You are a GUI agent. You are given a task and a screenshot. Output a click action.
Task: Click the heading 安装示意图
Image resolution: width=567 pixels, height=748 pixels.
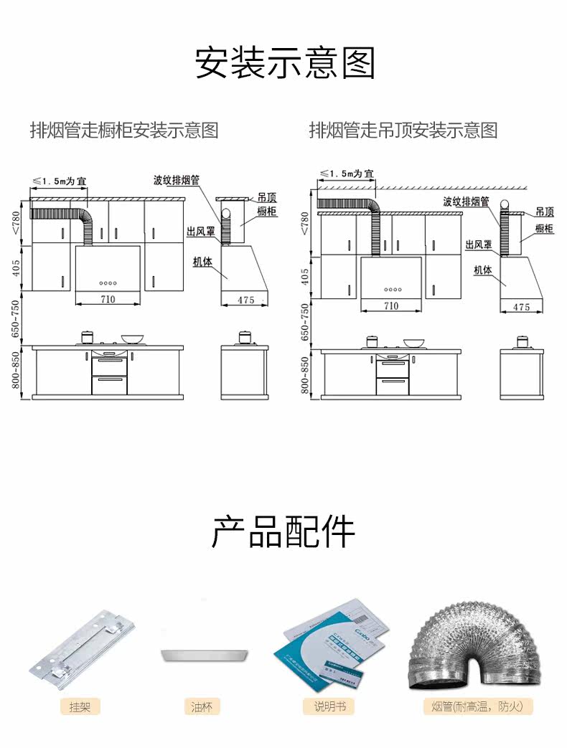(x=285, y=63)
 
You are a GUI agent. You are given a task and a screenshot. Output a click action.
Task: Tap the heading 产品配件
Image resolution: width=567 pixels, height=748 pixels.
(x=283, y=532)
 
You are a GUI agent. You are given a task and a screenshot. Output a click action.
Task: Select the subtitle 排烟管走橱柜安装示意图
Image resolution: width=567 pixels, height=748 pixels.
(x=123, y=131)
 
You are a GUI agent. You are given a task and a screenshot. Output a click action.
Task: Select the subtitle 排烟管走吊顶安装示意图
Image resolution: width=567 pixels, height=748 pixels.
(x=403, y=131)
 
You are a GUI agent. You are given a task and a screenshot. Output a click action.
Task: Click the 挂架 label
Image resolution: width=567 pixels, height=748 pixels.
(x=80, y=706)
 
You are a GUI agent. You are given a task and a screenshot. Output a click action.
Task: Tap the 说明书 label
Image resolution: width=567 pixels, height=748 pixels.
(x=329, y=706)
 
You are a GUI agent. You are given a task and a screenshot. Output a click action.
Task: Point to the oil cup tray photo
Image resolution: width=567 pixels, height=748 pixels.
(x=205, y=654)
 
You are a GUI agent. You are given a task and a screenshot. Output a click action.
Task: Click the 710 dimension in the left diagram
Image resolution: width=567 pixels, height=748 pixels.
(x=108, y=299)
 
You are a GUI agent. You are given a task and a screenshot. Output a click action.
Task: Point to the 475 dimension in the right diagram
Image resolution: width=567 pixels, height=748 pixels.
(x=522, y=307)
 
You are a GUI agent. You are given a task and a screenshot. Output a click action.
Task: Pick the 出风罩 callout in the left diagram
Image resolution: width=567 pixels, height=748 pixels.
(x=200, y=232)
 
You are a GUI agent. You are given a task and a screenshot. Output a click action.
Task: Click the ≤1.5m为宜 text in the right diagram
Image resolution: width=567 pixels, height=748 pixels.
(x=347, y=174)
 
